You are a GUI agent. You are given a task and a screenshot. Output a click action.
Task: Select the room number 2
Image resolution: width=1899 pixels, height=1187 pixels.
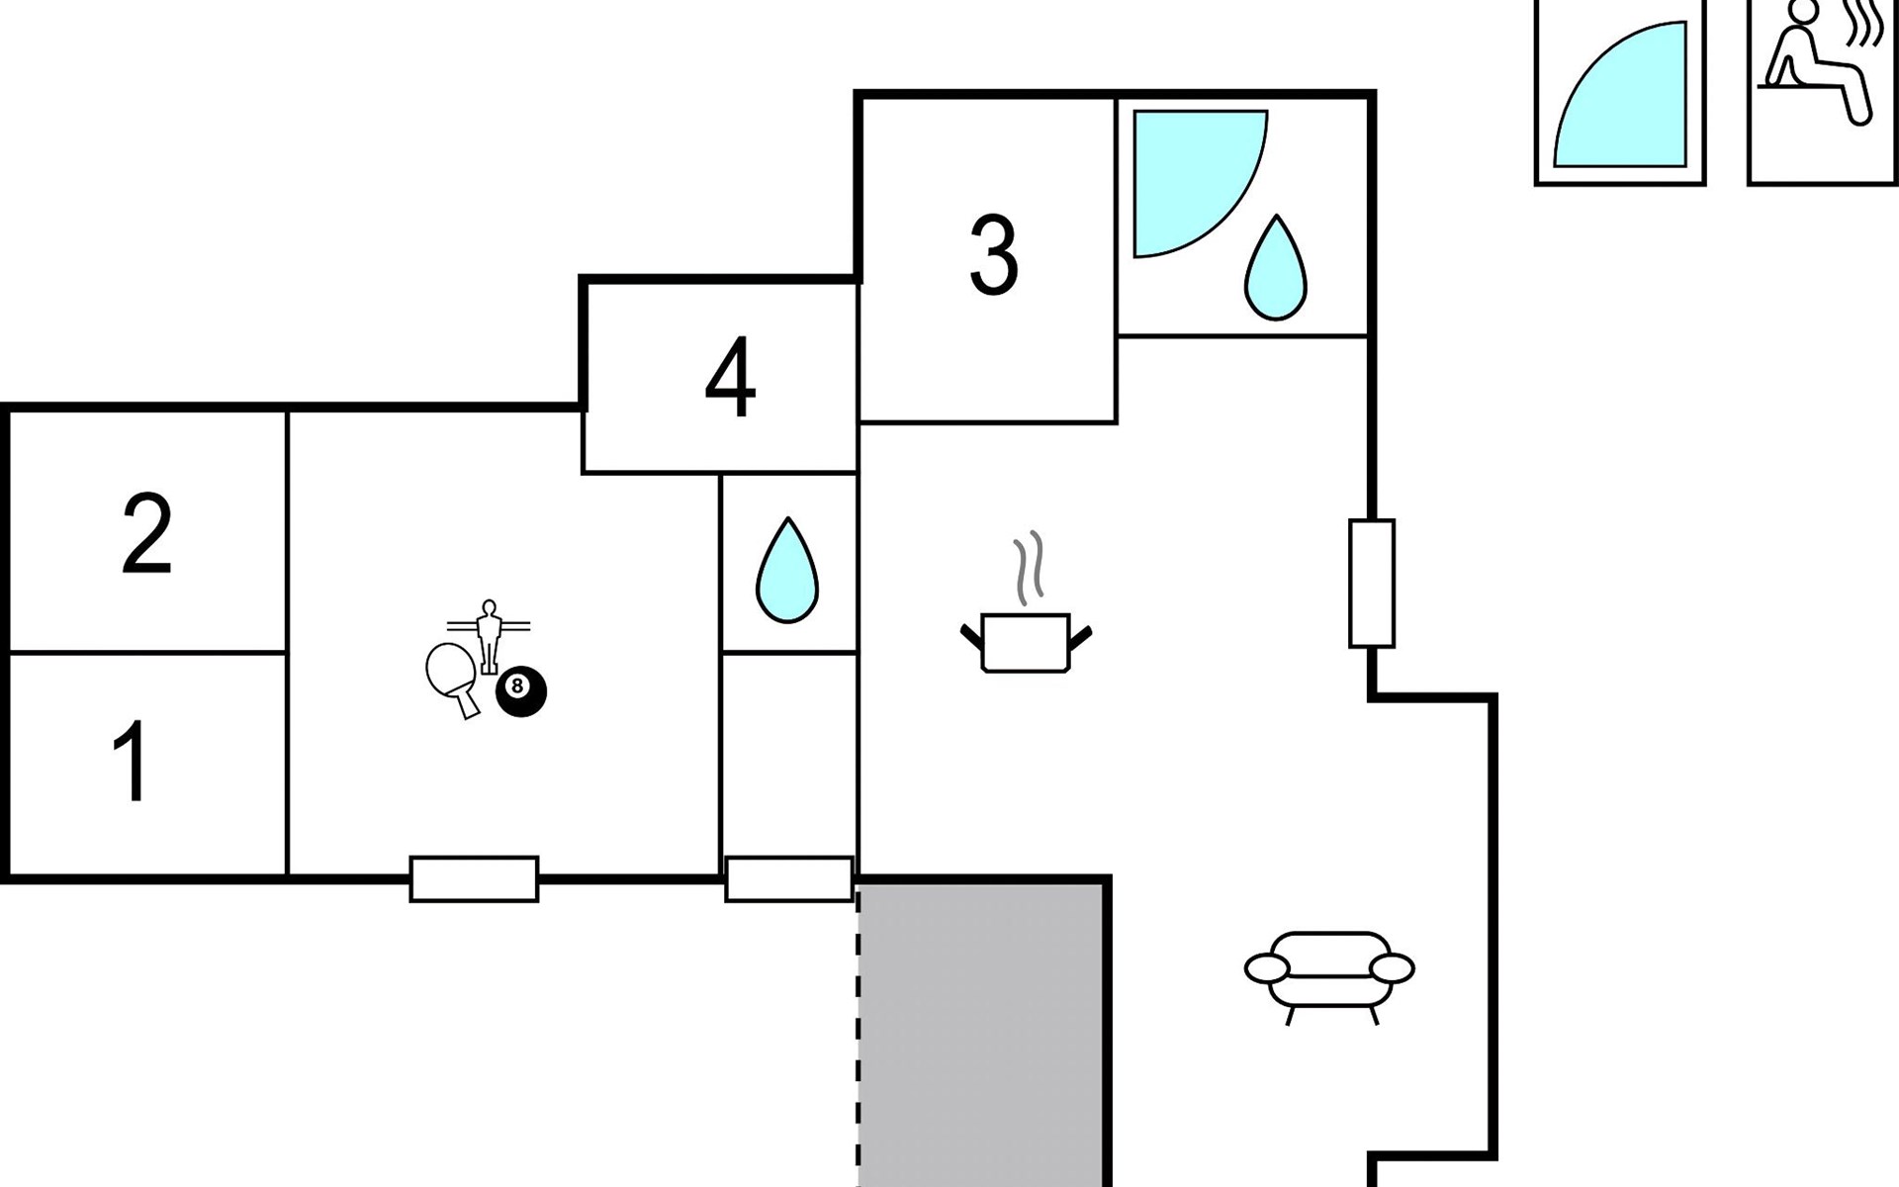coord(147,533)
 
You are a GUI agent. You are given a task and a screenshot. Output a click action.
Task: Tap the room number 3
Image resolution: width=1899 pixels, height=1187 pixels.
coord(993,256)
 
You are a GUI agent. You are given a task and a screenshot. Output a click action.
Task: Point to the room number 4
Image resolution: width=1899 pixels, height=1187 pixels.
coord(730,378)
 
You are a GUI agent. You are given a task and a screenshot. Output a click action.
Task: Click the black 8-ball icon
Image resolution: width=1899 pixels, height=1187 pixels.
coord(520,691)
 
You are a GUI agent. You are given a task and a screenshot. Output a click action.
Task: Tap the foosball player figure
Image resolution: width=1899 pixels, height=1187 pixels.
coord(489,636)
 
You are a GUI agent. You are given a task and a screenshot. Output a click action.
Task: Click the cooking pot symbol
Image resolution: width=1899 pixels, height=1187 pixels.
coord(1026,644)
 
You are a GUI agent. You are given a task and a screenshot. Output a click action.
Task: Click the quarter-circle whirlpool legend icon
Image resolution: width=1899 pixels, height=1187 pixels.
coord(1619,94)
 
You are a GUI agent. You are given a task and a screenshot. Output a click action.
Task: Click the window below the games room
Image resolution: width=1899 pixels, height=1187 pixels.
coord(474,878)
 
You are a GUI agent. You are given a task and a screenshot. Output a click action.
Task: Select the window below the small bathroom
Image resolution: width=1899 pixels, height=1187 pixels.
coord(788,878)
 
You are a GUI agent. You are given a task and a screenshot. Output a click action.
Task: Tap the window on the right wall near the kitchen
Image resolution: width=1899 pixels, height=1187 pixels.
coord(1372,584)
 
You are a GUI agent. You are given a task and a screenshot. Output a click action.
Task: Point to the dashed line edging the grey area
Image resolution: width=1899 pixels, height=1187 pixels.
coord(859,1035)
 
